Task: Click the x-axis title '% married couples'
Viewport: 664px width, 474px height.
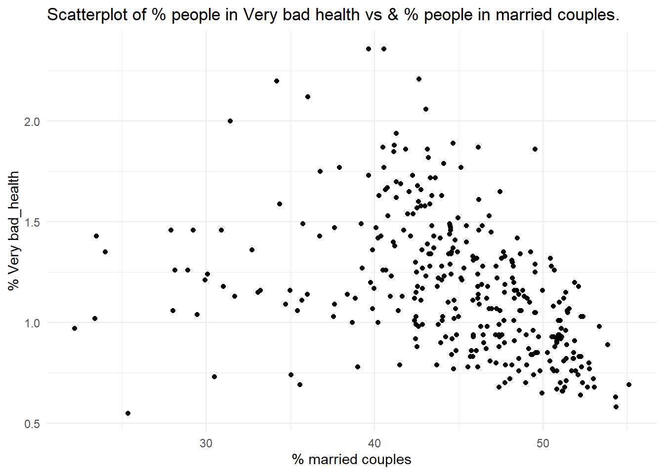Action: [x=351, y=460]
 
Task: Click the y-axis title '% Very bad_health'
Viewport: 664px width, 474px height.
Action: [x=13, y=231]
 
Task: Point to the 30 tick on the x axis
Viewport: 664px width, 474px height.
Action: [x=206, y=443]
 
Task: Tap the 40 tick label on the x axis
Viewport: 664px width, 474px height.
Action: [x=374, y=443]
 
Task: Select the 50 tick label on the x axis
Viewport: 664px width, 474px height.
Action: [x=542, y=443]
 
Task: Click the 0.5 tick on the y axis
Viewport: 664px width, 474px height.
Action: [x=32, y=424]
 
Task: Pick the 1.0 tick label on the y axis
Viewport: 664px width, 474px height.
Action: [x=32, y=323]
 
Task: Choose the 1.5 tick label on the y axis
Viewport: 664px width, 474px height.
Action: [x=32, y=223]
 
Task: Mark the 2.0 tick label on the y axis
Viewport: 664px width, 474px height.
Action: [x=32, y=122]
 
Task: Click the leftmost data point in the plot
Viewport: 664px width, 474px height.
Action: [x=75, y=328]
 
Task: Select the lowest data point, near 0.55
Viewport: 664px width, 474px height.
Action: [x=128, y=413]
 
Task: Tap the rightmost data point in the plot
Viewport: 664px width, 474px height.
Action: [x=629, y=385]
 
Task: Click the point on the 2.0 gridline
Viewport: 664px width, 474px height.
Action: [x=230, y=121]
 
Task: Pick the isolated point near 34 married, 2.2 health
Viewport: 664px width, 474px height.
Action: [x=277, y=81]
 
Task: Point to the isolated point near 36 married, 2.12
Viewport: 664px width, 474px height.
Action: [x=308, y=97]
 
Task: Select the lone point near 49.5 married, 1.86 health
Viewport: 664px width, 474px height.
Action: [x=535, y=149]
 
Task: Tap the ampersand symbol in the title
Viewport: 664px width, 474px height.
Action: [x=393, y=15]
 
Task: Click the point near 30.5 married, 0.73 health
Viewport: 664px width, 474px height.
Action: [x=214, y=377]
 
